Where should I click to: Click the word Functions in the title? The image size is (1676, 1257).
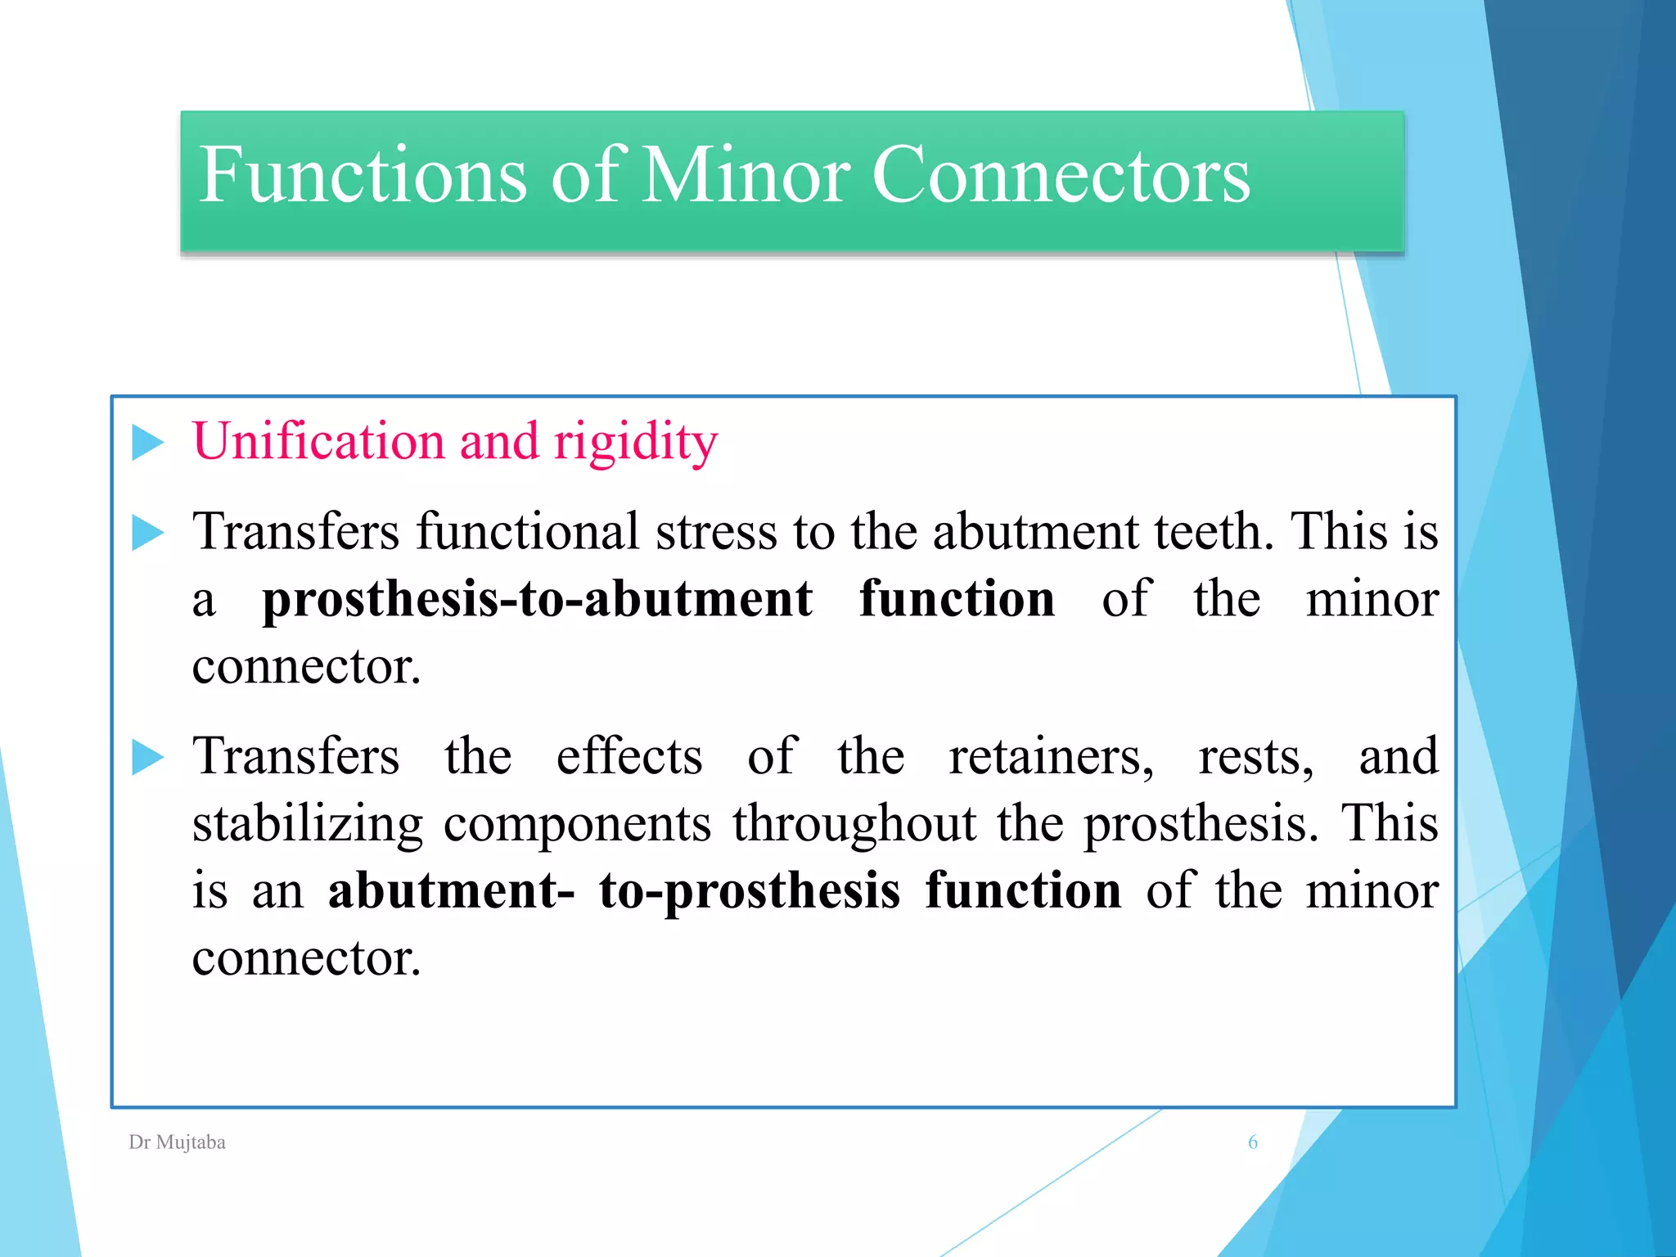tap(363, 175)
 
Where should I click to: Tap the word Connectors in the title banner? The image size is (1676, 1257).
tap(1061, 175)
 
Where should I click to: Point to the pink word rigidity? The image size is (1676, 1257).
tap(635, 443)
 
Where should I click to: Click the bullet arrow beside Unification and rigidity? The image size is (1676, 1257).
tap(148, 443)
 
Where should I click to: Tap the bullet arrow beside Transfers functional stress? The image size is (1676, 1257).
tap(148, 533)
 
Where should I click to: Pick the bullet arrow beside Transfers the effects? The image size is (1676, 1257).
tap(148, 757)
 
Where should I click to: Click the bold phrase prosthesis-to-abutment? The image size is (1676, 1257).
tap(537, 599)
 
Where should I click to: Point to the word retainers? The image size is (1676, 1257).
tap(1051, 756)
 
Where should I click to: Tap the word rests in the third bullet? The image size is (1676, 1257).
tap(1255, 756)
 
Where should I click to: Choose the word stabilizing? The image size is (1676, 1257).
tap(308, 824)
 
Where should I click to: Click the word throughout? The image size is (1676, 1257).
tap(854, 824)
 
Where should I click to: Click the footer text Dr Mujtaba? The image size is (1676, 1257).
tap(177, 1142)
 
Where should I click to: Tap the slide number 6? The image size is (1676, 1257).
tap(1252, 1142)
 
